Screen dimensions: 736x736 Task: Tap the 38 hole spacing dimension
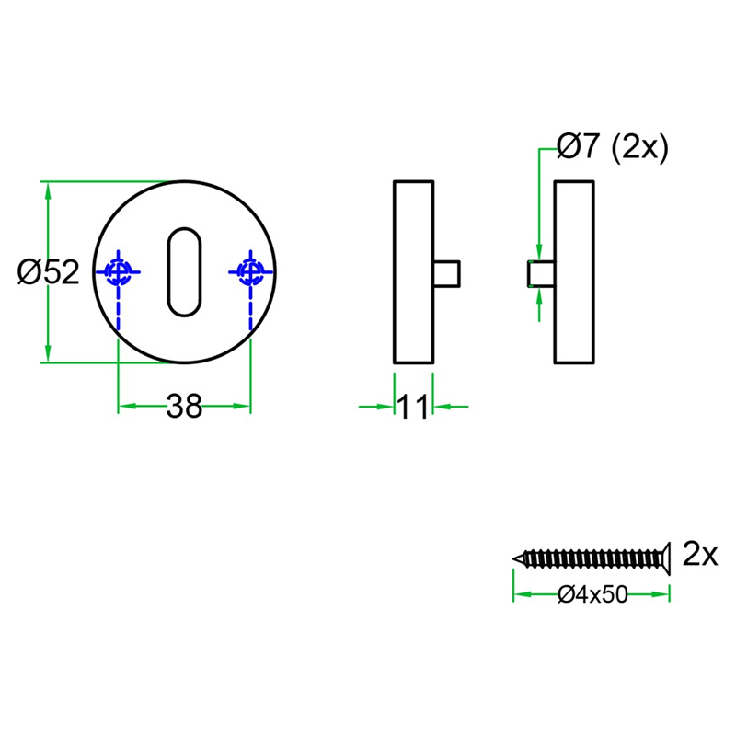click(x=184, y=406)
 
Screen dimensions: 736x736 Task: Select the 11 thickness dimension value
click(x=413, y=406)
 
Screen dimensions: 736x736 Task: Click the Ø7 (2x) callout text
click(x=612, y=147)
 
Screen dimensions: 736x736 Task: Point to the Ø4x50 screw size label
click(x=592, y=595)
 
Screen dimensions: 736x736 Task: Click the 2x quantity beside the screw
click(x=700, y=554)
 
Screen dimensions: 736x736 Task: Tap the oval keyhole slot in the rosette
click(x=184, y=271)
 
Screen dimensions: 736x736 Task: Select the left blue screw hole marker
click(x=118, y=271)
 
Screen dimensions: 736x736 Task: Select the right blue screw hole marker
click(x=250, y=271)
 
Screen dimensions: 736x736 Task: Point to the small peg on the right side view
click(x=540, y=273)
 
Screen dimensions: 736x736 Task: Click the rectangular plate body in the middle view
click(x=413, y=272)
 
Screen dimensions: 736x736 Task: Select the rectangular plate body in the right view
click(x=575, y=272)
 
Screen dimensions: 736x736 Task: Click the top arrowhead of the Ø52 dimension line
click(x=48, y=190)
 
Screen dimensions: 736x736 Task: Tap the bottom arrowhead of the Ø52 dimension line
click(x=48, y=355)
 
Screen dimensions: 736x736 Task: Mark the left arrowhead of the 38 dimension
click(x=125, y=406)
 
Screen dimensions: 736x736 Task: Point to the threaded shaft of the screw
click(x=589, y=558)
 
